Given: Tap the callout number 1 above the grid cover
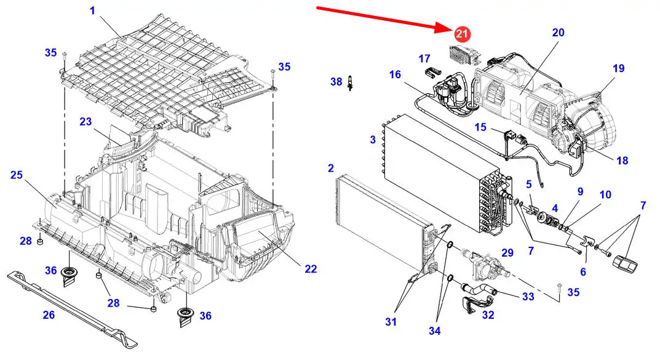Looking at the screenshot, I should (x=93, y=10).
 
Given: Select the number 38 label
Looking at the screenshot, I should (x=336, y=81).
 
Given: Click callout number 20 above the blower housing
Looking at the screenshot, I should (x=558, y=33).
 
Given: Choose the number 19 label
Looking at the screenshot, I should (x=618, y=68).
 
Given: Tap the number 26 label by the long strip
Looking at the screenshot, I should (x=49, y=315).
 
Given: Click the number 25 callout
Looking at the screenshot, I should (x=17, y=175).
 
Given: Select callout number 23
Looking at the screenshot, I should (x=85, y=122).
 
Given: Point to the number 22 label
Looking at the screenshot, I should (x=311, y=268).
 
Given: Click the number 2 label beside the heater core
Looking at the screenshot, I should (x=331, y=168).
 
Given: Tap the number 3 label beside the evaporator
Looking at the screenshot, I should (x=373, y=140).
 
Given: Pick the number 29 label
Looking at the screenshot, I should (x=507, y=253).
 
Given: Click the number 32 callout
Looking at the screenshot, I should (x=488, y=315).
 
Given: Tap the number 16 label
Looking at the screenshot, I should (x=394, y=74).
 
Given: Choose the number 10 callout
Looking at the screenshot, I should (x=605, y=195).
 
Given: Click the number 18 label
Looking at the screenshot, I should (x=622, y=161).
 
